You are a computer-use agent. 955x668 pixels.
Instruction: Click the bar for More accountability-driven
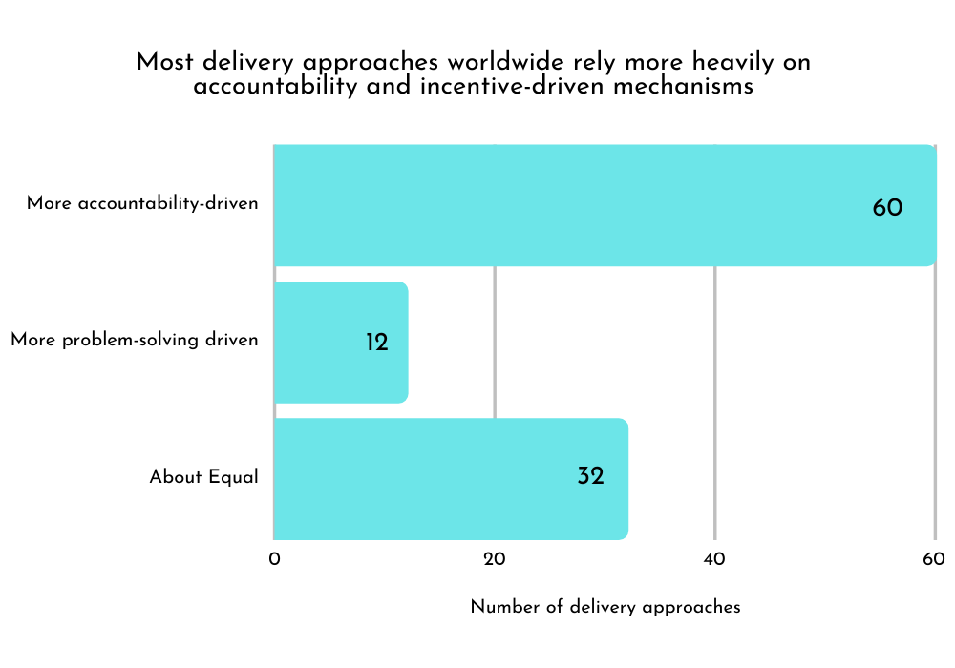point(573,205)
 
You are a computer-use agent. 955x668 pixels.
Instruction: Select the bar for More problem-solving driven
point(325,342)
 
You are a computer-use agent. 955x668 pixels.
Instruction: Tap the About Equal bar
point(430,478)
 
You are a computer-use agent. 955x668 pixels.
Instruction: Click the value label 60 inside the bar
point(887,207)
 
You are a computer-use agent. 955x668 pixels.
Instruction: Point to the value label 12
point(377,342)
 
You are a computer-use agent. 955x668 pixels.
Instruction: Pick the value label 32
point(590,475)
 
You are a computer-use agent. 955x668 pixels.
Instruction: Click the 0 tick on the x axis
point(274,559)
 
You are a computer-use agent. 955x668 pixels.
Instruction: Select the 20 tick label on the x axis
point(495,559)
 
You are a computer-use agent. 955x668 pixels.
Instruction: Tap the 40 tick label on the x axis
point(715,559)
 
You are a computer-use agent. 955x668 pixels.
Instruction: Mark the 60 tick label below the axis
point(934,559)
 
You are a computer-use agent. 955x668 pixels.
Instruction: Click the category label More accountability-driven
point(142,204)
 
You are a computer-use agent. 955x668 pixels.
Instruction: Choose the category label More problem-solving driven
point(135,341)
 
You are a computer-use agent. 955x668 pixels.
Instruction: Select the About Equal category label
point(203,477)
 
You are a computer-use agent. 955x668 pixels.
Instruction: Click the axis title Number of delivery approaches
point(605,607)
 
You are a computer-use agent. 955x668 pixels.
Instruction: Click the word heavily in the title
point(728,62)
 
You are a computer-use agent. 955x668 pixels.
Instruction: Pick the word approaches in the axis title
point(694,608)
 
